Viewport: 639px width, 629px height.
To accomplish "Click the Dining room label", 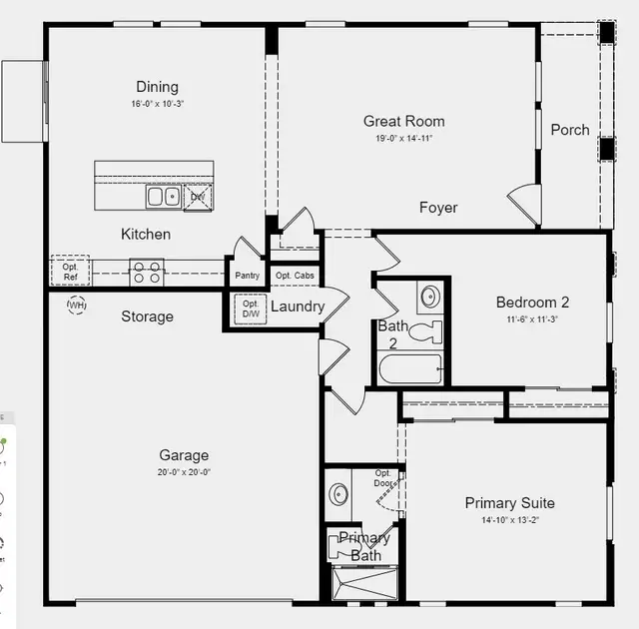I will tap(157, 87).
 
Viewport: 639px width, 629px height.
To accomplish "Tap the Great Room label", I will tap(403, 122).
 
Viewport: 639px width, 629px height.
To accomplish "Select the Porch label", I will tap(570, 130).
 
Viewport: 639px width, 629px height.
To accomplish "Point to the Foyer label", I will tap(438, 208).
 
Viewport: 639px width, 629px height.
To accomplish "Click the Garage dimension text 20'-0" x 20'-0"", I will tap(184, 472).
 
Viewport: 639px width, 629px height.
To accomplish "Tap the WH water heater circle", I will tap(76, 304).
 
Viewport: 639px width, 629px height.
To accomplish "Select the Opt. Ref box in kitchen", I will tap(70, 272).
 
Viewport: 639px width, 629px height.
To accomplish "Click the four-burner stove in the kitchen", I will tap(148, 272).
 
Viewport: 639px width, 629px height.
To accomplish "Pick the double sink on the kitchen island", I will tap(164, 197).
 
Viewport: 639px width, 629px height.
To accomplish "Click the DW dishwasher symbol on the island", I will tap(198, 197).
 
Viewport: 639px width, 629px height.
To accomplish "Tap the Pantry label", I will tap(248, 276).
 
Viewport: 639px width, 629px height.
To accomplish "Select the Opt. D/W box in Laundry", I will tap(250, 310).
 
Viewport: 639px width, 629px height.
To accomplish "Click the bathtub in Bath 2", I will tap(411, 368).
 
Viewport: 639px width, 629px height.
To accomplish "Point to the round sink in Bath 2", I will tap(429, 297).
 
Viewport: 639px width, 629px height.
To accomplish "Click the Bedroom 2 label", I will tap(532, 303).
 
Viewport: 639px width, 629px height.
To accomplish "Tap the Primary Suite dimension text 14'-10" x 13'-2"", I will tap(509, 520).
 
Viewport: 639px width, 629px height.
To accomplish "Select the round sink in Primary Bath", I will tap(339, 494).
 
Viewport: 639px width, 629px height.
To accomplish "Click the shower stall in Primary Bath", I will tap(364, 583).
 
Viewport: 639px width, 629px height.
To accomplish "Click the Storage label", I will tap(147, 316).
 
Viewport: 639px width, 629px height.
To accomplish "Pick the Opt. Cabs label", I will tap(295, 276).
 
